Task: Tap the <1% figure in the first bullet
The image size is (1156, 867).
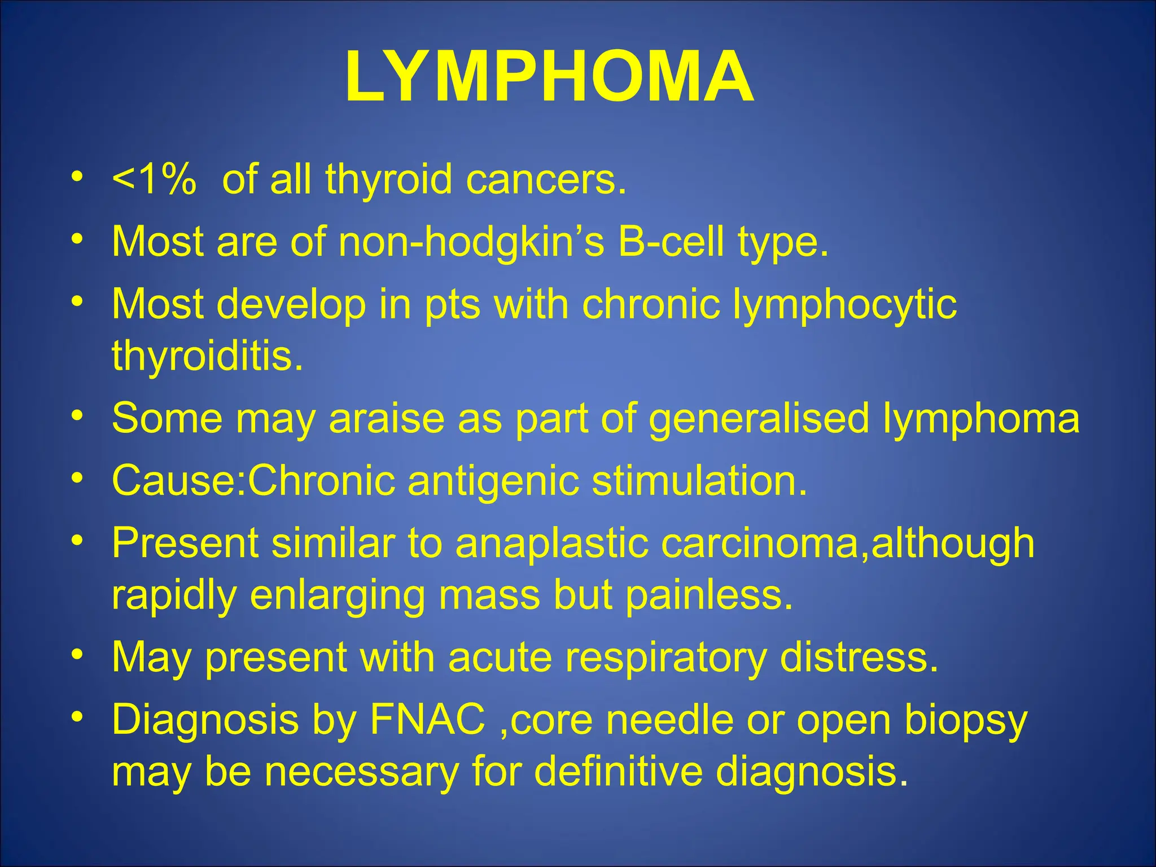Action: tap(154, 179)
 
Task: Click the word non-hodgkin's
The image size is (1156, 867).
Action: tap(471, 242)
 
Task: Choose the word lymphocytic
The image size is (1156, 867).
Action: tap(844, 305)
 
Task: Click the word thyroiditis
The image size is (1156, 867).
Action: tap(207, 356)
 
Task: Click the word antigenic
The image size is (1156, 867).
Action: tap(493, 481)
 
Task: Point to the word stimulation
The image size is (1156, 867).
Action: tap(699, 480)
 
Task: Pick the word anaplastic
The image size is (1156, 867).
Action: tap(552, 543)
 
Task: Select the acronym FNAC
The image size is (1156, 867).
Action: tap(427, 720)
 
